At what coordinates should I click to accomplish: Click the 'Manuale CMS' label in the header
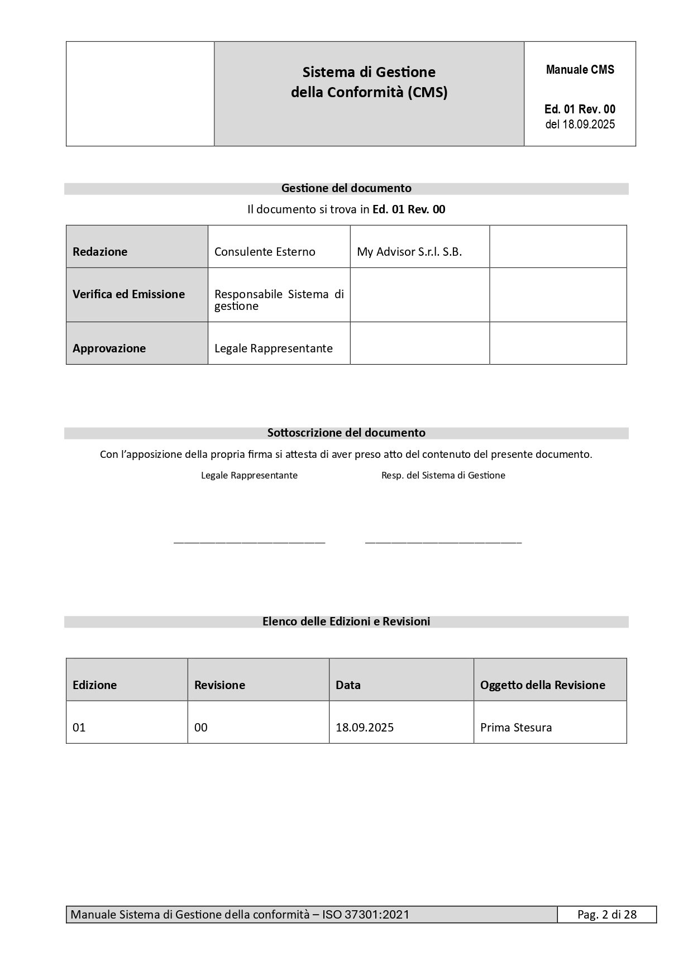580,70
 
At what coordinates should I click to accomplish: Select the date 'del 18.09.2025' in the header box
580,124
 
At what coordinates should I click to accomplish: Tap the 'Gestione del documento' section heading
346,188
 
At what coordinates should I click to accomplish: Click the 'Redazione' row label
100,252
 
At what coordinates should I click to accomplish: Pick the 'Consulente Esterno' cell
265,252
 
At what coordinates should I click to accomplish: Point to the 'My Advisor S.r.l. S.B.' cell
409,252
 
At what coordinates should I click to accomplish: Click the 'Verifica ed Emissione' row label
128,294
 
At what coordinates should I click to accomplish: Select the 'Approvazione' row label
109,348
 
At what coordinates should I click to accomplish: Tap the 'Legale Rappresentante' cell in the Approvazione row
274,348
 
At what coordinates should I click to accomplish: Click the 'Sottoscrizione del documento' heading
346,433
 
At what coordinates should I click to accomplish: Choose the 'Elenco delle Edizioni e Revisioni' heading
346,622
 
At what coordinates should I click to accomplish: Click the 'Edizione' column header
95,685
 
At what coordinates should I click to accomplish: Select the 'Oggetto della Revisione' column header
543,685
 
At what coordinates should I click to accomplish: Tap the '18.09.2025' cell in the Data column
365,728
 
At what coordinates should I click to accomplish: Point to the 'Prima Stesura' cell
516,728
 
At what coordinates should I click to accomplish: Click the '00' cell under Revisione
201,728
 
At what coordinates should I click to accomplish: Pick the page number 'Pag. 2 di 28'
607,915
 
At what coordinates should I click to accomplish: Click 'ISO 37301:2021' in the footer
366,915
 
